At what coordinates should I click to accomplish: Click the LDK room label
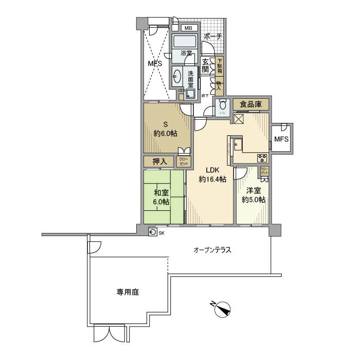[213, 170]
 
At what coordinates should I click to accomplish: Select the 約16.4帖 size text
[213, 179]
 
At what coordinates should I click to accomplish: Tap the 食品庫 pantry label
[251, 104]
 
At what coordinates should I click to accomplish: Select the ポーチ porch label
[213, 37]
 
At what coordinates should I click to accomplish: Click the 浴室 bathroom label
[186, 53]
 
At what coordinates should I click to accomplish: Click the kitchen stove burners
[262, 158]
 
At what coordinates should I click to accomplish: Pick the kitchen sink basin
[237, 145]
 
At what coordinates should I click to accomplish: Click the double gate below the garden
[109, 334]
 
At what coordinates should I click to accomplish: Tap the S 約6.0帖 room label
[166, 129]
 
